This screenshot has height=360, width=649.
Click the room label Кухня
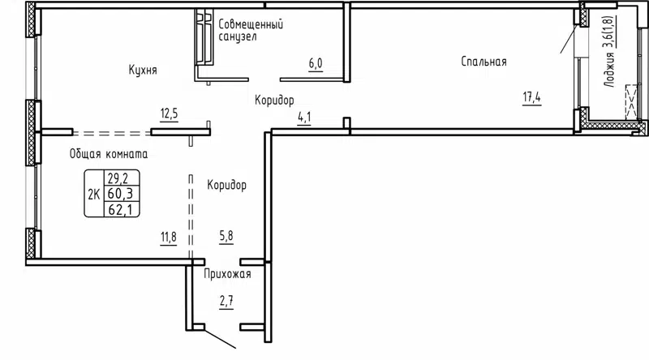(142, 71)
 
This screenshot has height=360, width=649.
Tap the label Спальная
(484, 62)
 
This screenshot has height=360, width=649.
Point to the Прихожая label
(227, 274)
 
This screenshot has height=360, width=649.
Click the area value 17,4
(532, 99)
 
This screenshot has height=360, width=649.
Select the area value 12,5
(169, 114)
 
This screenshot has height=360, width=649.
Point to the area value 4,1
(305, 118)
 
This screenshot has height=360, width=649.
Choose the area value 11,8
(168, 238)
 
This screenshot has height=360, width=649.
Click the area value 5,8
(227, 238)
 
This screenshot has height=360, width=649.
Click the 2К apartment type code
(94, 193)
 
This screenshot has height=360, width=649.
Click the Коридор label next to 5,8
(226, 186)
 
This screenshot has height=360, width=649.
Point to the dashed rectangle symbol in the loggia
(631, 105)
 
